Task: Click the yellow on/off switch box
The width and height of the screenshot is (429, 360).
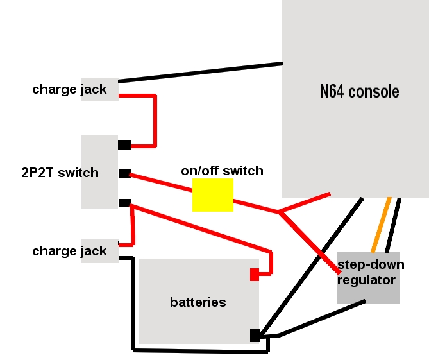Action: click(x=212, y=195)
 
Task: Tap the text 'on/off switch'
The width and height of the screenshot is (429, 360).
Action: click(x=222, y=171)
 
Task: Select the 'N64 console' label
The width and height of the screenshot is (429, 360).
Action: click(x=359, y=91)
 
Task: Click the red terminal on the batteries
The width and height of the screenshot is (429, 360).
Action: click(x=254, y=275)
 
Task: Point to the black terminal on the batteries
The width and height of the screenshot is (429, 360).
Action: click(x=255, y=335)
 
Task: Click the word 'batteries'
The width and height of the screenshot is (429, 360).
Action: click(x=198, y=302)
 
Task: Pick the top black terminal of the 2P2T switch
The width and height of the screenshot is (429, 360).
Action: click(x=124, y=144)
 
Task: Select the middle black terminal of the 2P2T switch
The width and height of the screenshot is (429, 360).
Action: click(x=124, y=173)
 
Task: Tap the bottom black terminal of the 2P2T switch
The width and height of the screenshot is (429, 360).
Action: click(x=124, y=203)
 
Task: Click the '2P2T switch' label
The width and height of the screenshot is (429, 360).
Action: click(x=60, y=173)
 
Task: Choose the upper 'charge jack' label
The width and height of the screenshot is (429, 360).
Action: click(x=69, y=89)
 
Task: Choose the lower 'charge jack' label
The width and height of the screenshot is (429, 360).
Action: click(x=69, y=251)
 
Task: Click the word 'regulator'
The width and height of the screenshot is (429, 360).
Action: click(x=367, y=280)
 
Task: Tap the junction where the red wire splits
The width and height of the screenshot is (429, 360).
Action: click(x=279, y=212)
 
